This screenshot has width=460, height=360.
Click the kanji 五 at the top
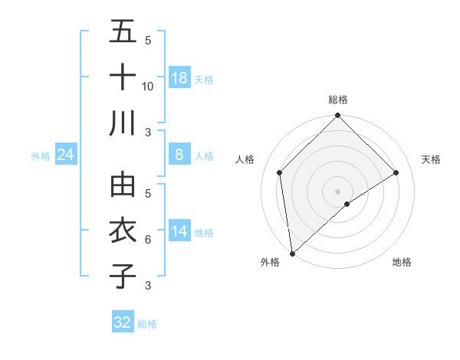[x=123, y=31]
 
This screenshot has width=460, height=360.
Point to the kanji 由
[x=123, y=185]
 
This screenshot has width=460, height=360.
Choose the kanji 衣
[x=123, y=231]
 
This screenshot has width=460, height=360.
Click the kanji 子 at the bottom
[x=123, y=277]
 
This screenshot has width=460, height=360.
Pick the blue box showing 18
[x=179, y=78]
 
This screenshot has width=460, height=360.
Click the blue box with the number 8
[x=179, y=155]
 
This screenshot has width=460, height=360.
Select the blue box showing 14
[x=179, y=232]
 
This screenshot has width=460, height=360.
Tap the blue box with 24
[x=66, y=155]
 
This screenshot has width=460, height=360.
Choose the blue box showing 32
[x=123, y=322]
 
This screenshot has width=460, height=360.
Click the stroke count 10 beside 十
[x=148, y=86]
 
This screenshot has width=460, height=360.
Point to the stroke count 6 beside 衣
[x=148, y=240]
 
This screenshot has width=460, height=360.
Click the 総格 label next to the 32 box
[x=147, y=324]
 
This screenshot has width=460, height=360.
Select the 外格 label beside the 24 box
[x=41, y=156]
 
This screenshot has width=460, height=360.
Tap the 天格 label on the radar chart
[x=432, y=159]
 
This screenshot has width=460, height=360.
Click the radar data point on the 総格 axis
[x=337, y=116]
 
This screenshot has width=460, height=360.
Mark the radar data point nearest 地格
[x=347, y=204]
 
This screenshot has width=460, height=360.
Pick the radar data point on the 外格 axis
[x=292, y=253]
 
